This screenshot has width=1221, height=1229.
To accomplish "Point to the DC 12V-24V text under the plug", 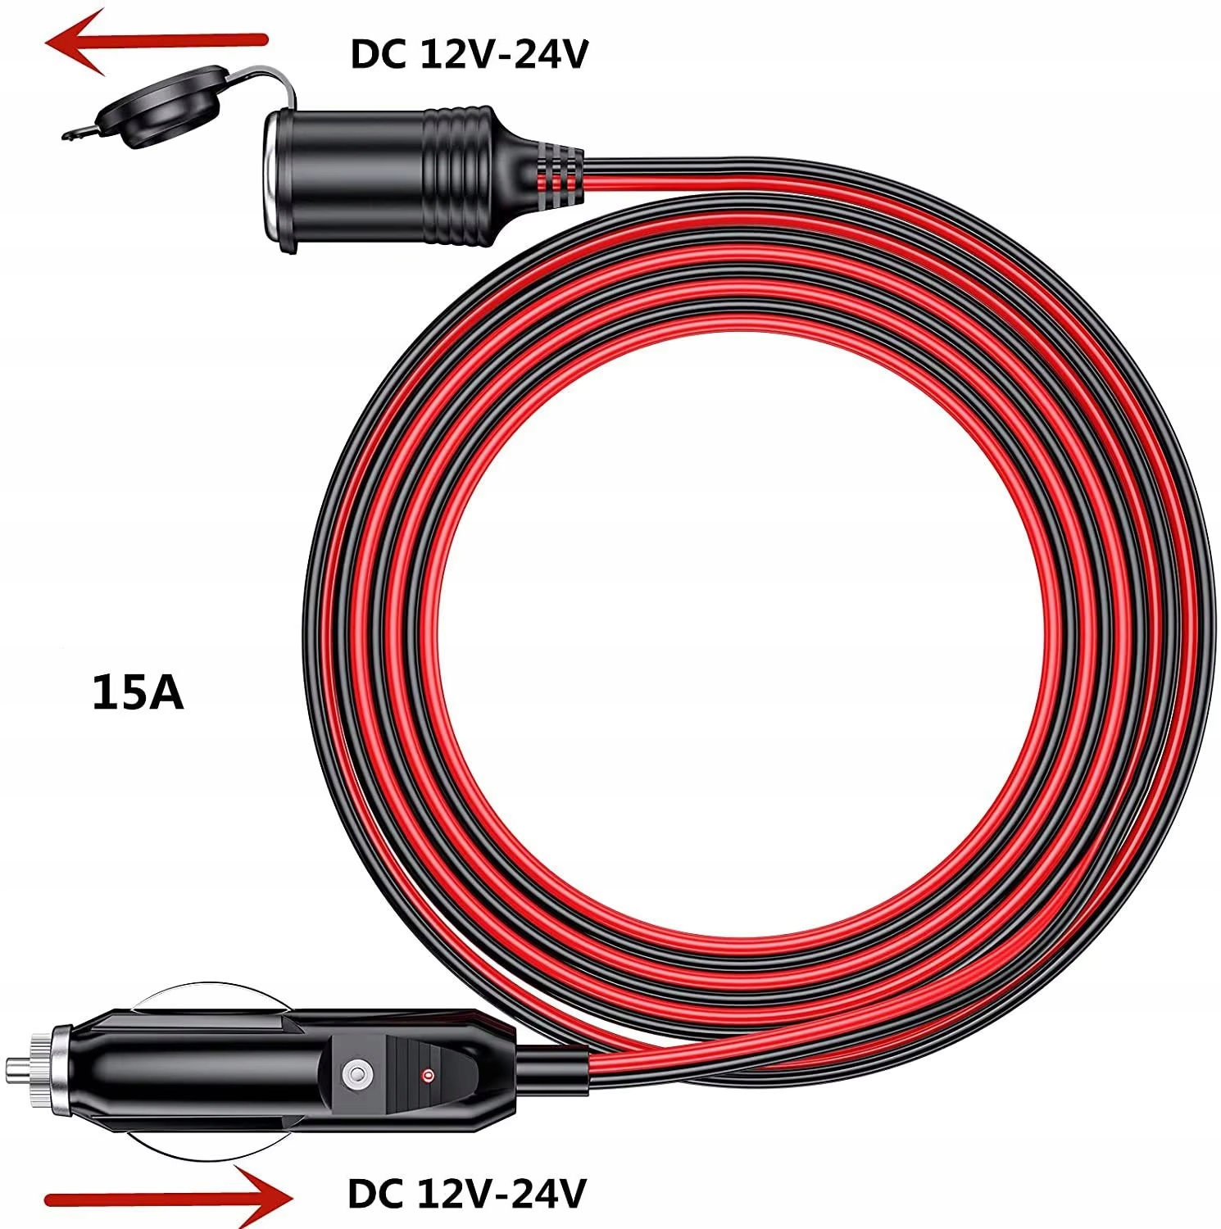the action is (467, 1194).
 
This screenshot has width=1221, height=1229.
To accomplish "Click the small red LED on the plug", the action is (426, 1074).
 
